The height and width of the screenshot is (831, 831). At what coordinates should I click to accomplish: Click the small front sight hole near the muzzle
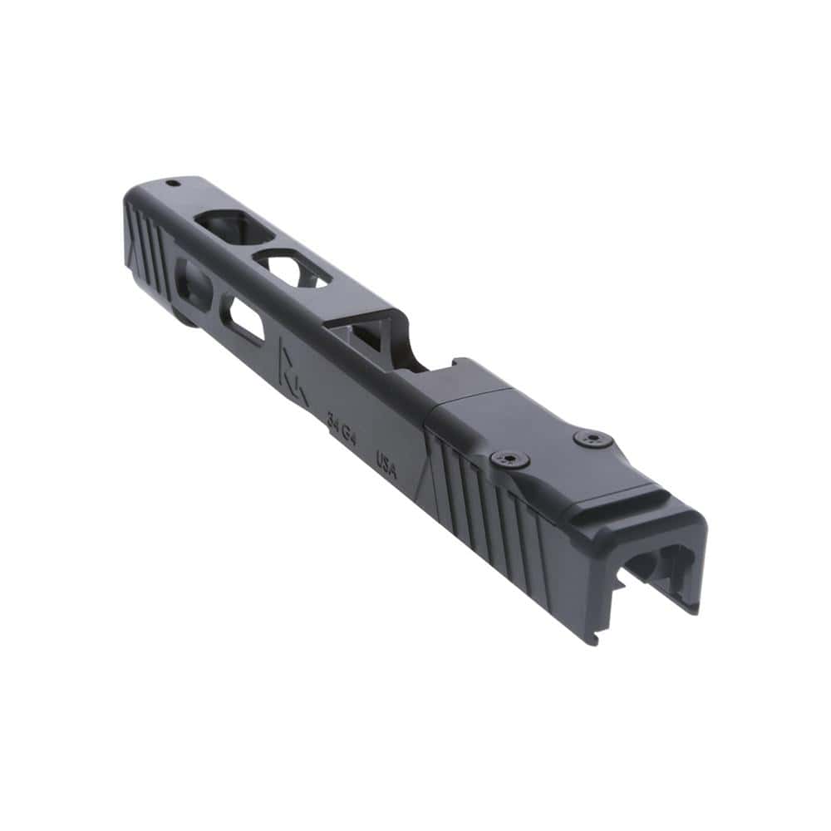coord(173,183)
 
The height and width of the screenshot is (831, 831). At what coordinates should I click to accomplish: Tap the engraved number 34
coord(334,422)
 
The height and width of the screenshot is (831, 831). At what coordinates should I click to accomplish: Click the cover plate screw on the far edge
coord(593,439)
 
